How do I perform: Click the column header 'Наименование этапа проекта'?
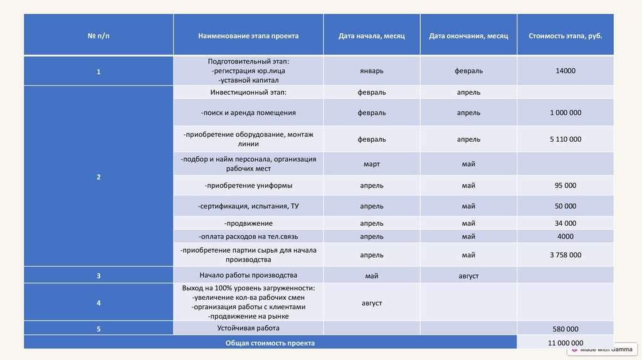tap(248, 36)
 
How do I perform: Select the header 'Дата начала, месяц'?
tap(372, 36)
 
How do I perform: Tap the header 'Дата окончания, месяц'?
tap(468, 36)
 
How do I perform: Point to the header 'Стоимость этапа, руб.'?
tap(565, 36)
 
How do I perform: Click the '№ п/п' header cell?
tap(98, 36)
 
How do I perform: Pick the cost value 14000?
tap(565, 71)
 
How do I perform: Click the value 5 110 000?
tap(565, 139)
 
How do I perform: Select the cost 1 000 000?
tap(565, 113)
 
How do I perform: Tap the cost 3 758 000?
tap(565, 255)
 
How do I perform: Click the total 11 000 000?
tap(565, 343)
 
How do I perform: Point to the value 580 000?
tap(565, 329)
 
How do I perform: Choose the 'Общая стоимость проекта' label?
tap(270, 343)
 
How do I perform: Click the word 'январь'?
tap(372, 71)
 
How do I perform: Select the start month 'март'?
tap(372, 164)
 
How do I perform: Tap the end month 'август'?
tap(468, 276)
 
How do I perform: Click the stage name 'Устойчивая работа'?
tap(248, 328)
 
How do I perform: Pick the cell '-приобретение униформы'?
tap(248, 186)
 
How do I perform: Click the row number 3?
tap(98, 276)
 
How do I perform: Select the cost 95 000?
tap(565, 186)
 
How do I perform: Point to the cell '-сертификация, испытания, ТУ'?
tap(248, 206)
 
